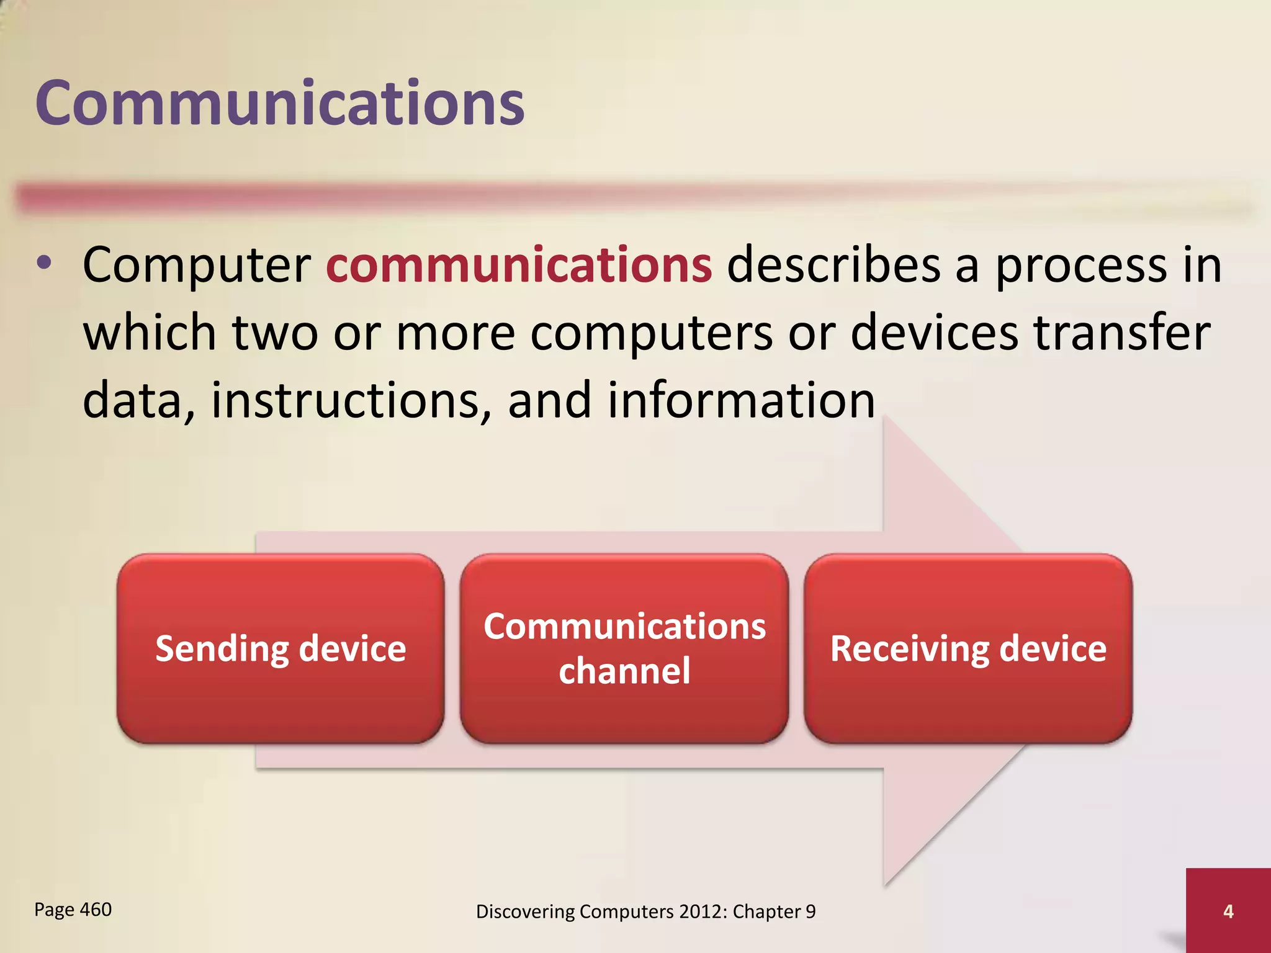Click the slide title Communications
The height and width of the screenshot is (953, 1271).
point(279,103)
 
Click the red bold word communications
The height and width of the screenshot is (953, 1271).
point(519,266)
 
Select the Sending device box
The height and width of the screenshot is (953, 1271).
point(281,648)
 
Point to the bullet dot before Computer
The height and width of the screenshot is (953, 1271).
point(43,263)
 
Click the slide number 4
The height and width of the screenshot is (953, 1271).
point(1228,911)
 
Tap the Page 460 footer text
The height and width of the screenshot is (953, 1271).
point(73,910)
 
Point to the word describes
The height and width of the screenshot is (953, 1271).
point(833,266)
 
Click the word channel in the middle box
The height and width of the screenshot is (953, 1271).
point(624,671)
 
